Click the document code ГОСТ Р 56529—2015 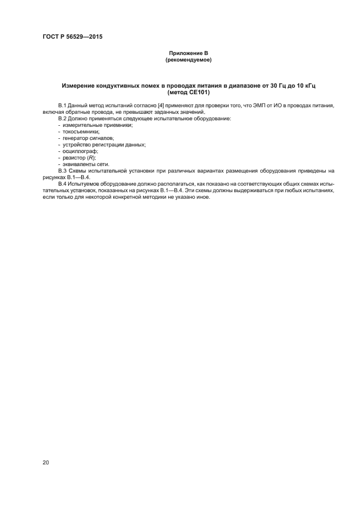pyautogui.click(x=72, y=36)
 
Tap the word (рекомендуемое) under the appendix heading pyautogui.click(x=188, y=60)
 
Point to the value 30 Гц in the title pyautogui.click(x=267, y=86)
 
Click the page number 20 pyautogui.click(x=45, y=463)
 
